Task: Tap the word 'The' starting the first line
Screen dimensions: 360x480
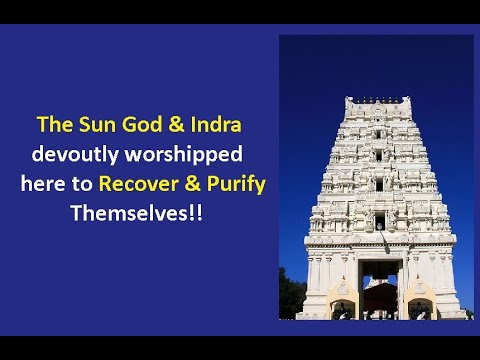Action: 51,127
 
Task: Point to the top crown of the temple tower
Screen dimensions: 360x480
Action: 376,102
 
